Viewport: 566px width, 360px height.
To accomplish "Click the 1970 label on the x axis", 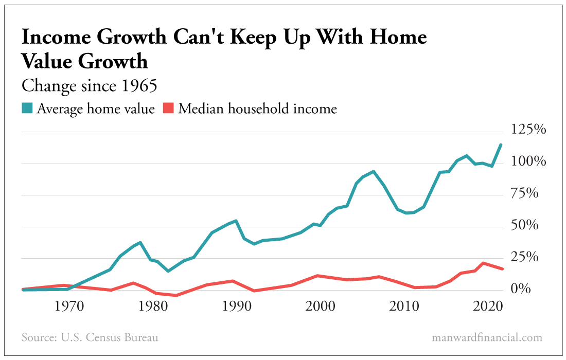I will coord(69,307).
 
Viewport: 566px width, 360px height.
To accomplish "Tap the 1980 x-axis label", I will coord(153,307).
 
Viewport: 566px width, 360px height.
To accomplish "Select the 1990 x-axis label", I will coord(237,307).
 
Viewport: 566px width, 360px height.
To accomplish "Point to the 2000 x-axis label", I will coord(321,307).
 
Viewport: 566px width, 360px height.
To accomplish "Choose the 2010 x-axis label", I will coord(404,307).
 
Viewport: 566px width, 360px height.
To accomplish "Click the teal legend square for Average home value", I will coord(27,109).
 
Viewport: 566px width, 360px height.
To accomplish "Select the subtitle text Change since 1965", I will coord(89,86).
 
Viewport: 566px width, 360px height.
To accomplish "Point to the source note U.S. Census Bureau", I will coord(90,338).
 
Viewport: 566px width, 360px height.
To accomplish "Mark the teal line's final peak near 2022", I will coord(501,145).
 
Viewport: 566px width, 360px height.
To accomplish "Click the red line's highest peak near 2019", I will coord(483,263).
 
